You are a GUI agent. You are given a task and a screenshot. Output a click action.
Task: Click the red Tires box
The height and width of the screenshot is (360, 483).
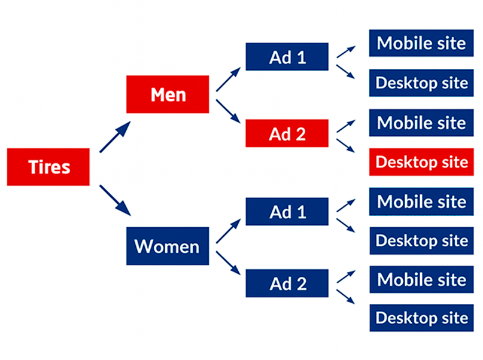[48, 167]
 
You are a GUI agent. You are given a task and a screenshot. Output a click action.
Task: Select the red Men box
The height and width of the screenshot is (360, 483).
[168, 94]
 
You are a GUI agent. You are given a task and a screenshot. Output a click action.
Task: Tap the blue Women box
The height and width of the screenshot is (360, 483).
[168, 246]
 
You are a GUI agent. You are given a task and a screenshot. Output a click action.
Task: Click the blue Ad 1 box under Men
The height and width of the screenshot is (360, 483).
[287, 57]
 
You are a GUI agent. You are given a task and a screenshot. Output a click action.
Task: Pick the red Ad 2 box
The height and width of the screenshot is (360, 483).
[287, 133]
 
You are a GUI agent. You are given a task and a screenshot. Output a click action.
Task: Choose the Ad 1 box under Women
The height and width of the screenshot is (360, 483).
[287, 212]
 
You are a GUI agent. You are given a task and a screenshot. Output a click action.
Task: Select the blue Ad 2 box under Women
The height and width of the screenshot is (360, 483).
[287, 283]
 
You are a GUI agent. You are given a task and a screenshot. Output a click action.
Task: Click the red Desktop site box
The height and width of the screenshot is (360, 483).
[421, 161]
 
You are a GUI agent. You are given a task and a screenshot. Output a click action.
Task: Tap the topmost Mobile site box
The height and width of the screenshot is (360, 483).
[421, 43]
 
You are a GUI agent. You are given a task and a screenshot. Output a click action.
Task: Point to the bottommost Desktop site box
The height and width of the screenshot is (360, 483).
[421, 318]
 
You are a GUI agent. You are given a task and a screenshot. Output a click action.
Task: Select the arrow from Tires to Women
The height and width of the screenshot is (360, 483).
[115, 200]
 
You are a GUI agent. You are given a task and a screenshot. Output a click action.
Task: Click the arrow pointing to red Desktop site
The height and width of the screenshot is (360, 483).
[346, 146]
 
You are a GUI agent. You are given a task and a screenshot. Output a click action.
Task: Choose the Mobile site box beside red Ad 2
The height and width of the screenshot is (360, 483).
[421, 123]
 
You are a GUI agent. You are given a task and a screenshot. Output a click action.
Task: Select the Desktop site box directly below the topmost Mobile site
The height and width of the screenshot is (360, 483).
[421, 83]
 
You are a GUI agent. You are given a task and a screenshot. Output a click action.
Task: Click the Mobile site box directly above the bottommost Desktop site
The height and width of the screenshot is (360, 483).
[421, 279]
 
